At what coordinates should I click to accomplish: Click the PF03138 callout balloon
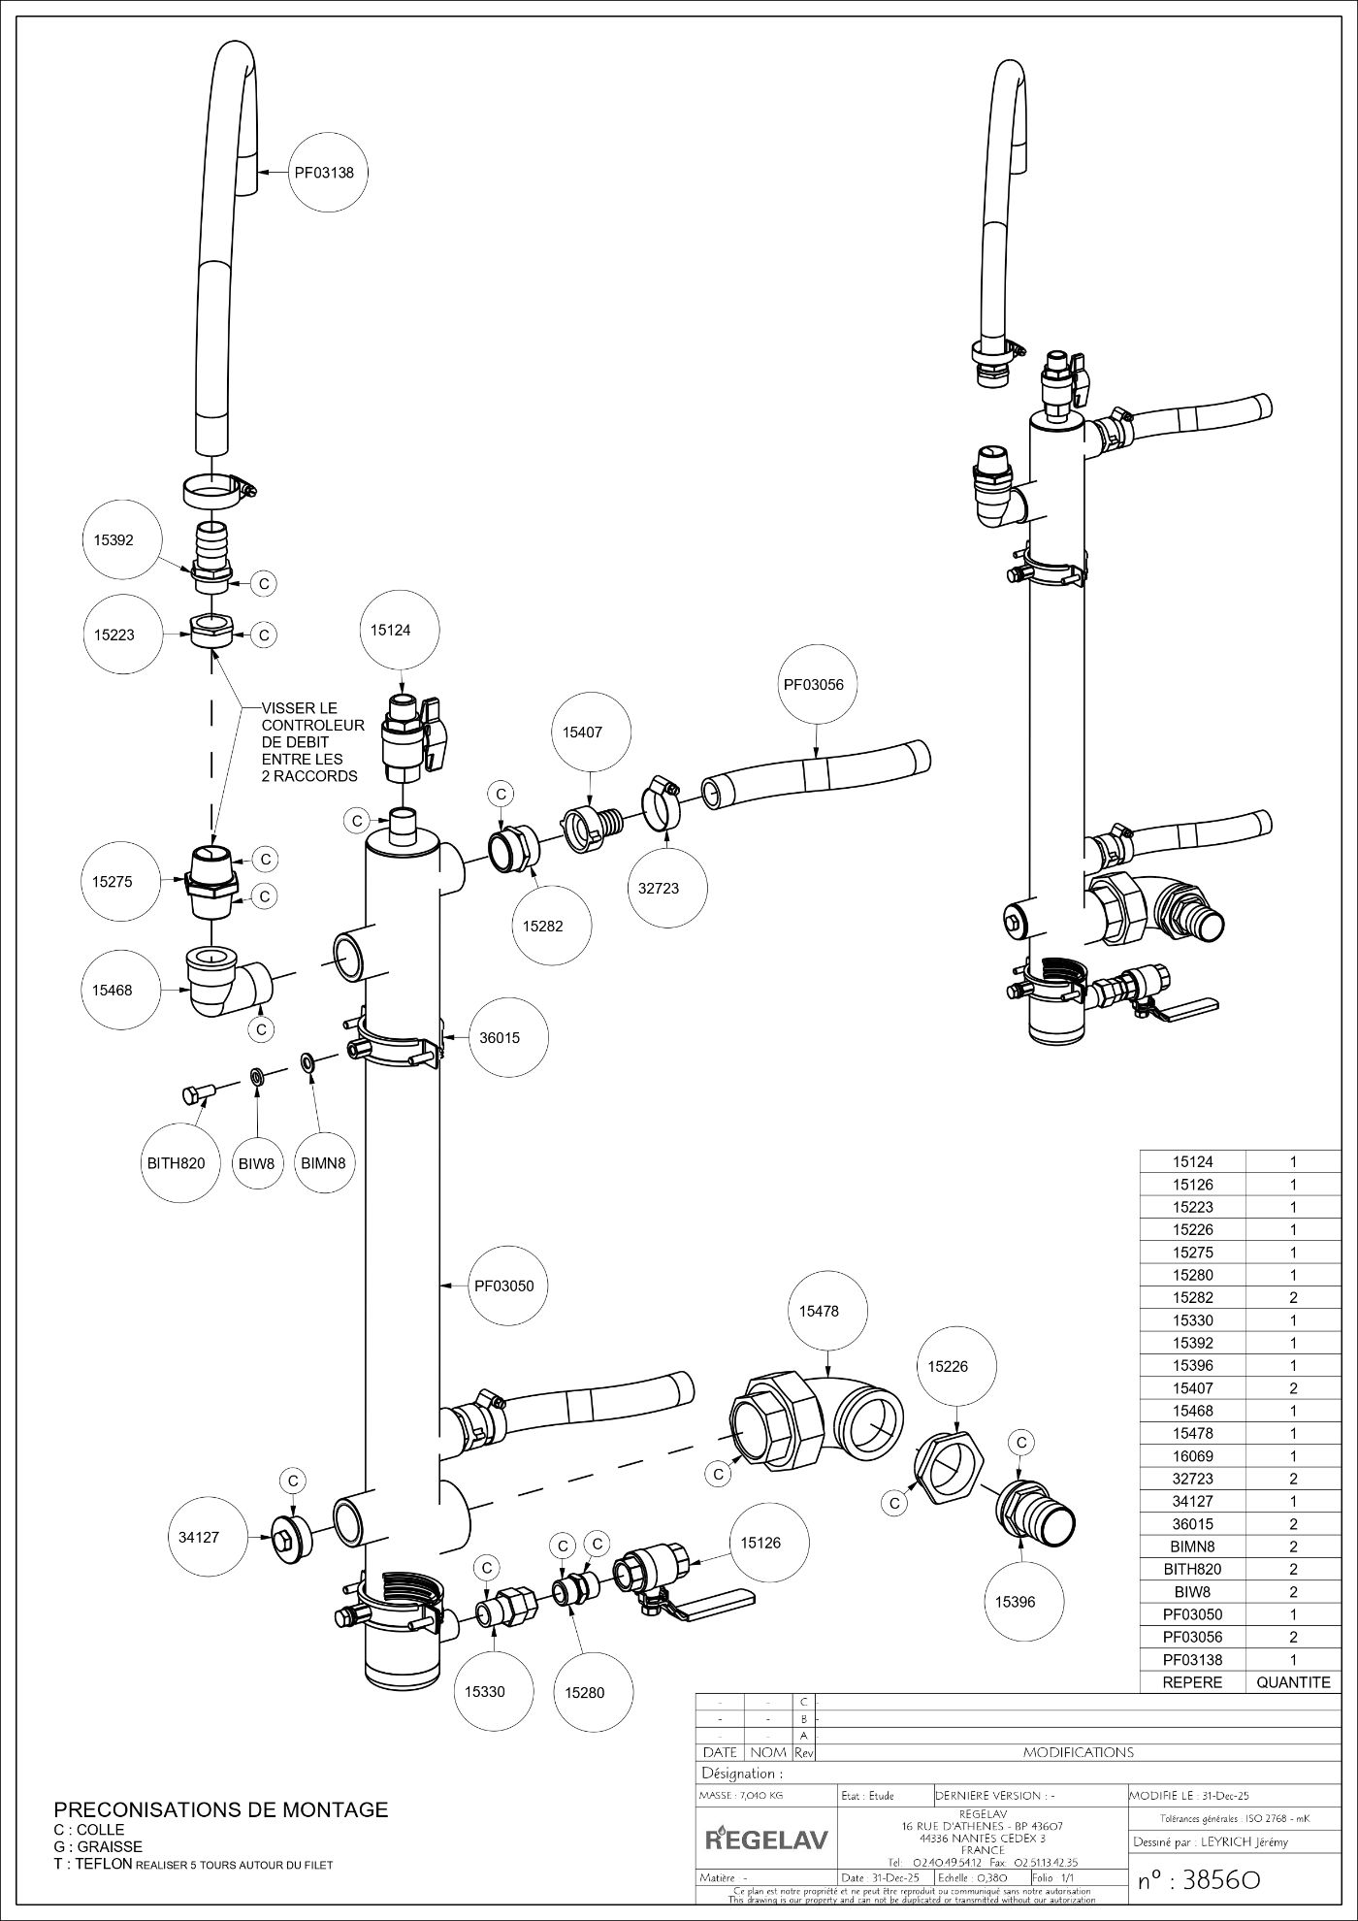pyautogui.click(x=324, y=174)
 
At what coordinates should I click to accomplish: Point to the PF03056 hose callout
pyautogui.click(x=814, y=685)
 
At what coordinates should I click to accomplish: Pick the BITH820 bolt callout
pyautogui.click(x=176, y=1162)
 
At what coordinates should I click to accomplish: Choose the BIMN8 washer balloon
pyautogui.click(x=323, y=1162)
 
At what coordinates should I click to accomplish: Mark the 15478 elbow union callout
pyautogui.click(x=819, y=1311)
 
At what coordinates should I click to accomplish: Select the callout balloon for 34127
pyautogui.click(x=199, y=1537)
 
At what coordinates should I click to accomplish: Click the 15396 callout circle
pyautogui.click(x=1015, y=1602)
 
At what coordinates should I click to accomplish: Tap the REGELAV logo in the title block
pyautogui.click(x=766, y=1838)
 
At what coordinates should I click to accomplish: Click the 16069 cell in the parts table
pyautogui.click(x=1192, y=1456)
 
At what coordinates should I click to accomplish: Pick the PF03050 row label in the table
pyautogui.click(x=1192, y=1614)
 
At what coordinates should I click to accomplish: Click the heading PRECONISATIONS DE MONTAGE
pyautogui.click(x=220, y=1809)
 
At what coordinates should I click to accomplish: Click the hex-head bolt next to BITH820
pyautogui.click(x=197, y=1094)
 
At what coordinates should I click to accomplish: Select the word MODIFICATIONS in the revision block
pyautogui.click(x=1079, y=1752)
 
